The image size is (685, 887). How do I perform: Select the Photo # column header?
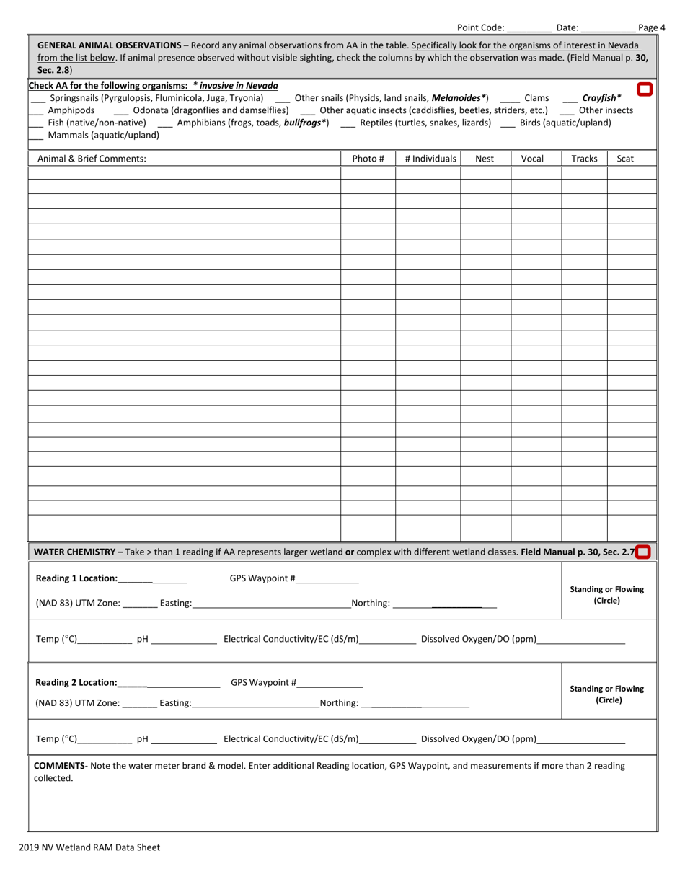pos(368,159)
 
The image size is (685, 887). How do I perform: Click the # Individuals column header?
pos(428,159)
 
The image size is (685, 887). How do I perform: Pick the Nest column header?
pos(486,159)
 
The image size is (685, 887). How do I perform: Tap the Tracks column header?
pos(584,159)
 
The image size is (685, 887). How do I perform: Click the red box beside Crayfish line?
pos(645,89)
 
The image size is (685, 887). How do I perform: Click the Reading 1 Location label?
pos(76,578)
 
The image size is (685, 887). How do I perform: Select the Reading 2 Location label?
pos(76,682)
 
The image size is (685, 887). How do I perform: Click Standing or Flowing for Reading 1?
pos(606,595)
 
